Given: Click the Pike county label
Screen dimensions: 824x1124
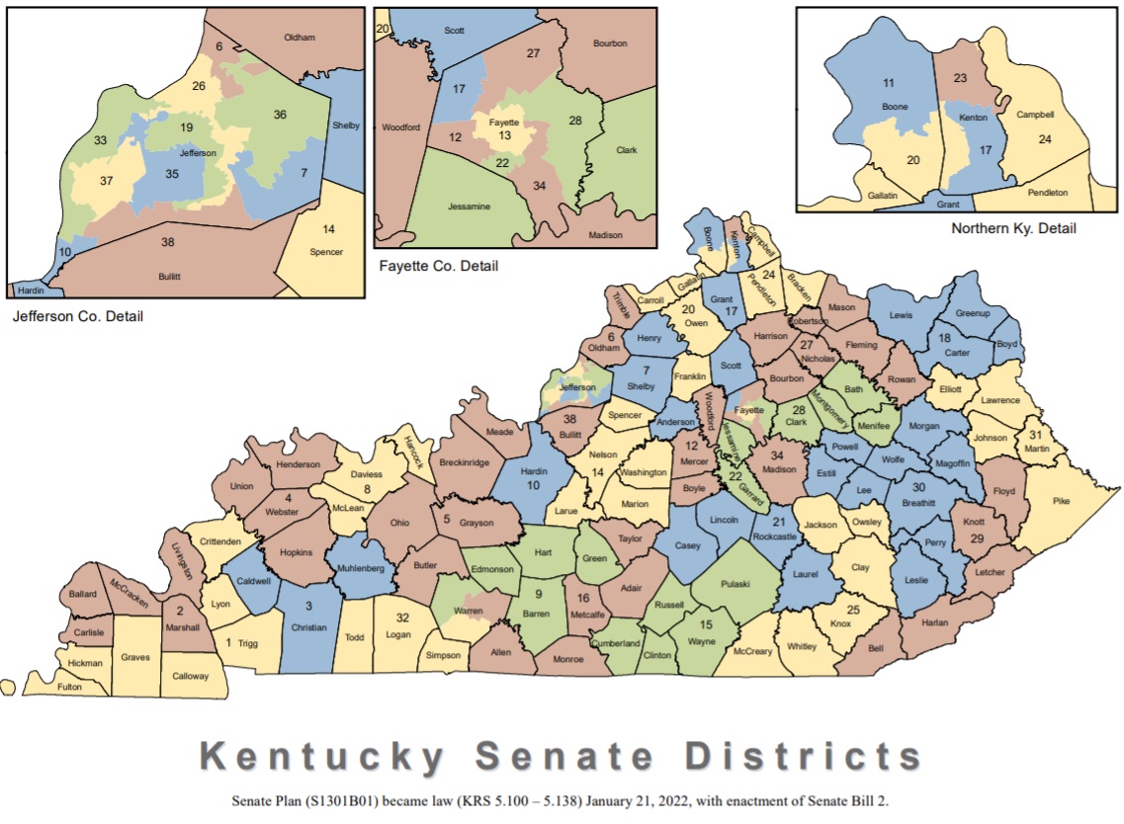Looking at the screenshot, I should [x=1061, y=501].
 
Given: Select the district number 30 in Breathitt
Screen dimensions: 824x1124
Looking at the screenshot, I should [x=918, y=487].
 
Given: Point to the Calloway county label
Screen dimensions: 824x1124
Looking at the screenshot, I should [x=191, y=676].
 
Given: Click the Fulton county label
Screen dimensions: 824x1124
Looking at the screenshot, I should [x=69, y=687].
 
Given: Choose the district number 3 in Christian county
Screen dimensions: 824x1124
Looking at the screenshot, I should [x=307, y=606].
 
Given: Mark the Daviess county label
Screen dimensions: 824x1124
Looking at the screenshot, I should [x=366, y=473].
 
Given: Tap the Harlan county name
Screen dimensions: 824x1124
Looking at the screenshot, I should [x=934, y=622].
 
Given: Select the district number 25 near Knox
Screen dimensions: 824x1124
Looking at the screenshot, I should [x=853, y=610].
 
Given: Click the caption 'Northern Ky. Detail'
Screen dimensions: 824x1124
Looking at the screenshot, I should [x=1013, y=228].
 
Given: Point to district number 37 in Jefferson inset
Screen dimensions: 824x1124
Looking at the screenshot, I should [x=107, y=180].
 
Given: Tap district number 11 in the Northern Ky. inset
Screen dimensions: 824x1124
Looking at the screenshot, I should [x=888, y=83].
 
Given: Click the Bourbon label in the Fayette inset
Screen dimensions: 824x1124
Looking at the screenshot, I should [x=610, y=43].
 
